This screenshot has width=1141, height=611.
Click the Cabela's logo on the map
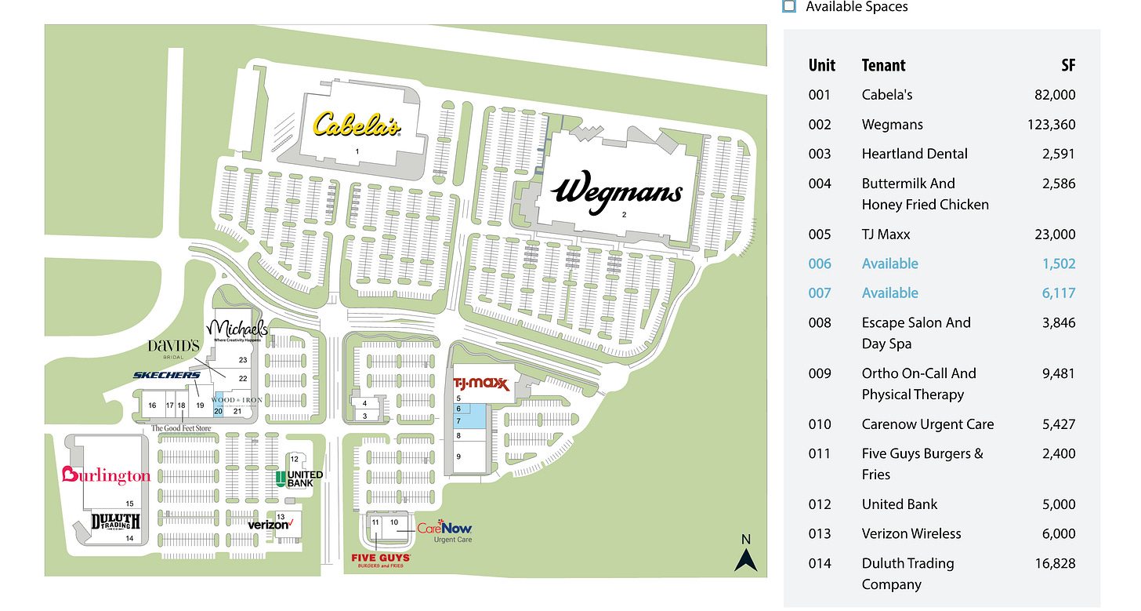click(357, 125)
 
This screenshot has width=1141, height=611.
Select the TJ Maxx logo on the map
click(482, 384)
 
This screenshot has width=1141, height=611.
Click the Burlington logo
click(106, 475)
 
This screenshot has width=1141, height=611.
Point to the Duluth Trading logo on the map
click(116, 522)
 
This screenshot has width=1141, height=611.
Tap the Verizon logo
click(270, 524)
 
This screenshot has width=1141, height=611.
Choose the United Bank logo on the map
click(299, 478)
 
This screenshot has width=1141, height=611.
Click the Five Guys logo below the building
click(381, 559)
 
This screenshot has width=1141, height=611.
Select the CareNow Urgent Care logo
click(444, 531)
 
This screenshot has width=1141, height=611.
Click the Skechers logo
click(166, 375)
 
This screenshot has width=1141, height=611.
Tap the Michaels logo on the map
click(237, 329)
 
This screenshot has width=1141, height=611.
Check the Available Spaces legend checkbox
click(789, 6)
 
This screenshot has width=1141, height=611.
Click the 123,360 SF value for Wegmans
click(1051, 125)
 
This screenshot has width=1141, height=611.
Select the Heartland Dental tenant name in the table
click(915, 154)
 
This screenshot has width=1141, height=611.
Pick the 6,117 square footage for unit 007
click(1058, 293)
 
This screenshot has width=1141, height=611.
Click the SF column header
click(1068, 66)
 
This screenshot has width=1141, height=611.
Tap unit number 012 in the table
click(819, 504)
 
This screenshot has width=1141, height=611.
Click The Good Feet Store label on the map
click(181, 428)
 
